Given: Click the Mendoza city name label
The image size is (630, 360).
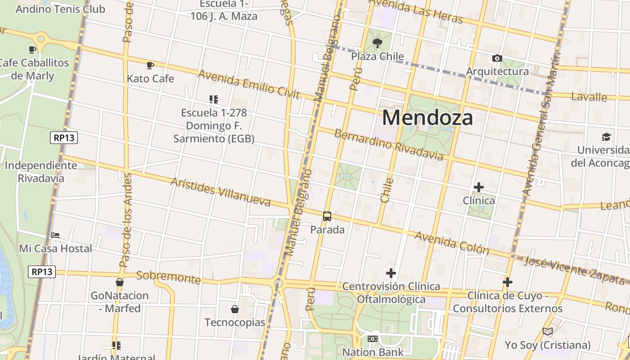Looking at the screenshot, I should click(x=427, y=118).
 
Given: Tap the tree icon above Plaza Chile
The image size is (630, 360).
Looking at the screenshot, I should click(x=378, y=43).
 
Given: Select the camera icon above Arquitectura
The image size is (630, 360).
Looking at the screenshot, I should click(x=497, y=58).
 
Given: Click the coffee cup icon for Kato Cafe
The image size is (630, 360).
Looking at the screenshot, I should click(x=150, y=65).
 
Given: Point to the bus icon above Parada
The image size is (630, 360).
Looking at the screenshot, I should click(x=327, y=216).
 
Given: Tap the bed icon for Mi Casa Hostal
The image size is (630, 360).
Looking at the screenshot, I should click(x=55, y=235).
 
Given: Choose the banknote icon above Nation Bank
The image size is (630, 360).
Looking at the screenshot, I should click(x=372, y=339).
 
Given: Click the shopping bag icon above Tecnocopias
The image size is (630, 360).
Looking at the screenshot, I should click(x=234, y=309).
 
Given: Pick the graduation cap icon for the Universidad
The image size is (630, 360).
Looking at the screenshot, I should click(x=606, y=137).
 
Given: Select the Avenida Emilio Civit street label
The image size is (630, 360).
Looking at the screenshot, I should click(x=248, y=84).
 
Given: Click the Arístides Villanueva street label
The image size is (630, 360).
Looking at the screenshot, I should click(x=220, y=192).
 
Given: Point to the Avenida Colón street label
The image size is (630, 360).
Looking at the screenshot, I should click(x=451, y=243).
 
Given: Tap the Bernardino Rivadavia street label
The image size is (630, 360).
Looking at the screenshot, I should click(x=388, y=144).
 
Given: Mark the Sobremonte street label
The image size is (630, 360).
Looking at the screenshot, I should click(x=168, y=277).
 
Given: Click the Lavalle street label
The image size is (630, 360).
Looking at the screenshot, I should click(x=589, y=96).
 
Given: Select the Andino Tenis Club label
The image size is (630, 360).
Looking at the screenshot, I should click(x=60, y=9).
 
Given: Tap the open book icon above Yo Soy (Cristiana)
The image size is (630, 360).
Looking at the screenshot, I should click(x=547, y=332).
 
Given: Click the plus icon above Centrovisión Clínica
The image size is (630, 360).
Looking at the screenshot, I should click(x=391, y=273).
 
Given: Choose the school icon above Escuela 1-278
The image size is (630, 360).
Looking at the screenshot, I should click(x=214, y=99).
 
